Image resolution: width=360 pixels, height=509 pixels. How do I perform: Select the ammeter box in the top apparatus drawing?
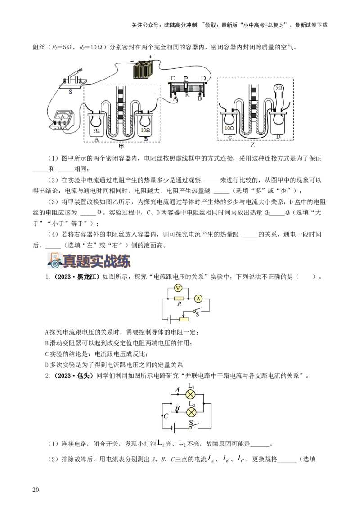pos(62,121)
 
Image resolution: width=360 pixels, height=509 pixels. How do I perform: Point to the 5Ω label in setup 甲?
pos(96,131)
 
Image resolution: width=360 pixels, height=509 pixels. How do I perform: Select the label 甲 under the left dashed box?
pos(121,146)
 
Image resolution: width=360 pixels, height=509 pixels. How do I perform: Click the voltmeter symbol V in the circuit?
pos(178,288)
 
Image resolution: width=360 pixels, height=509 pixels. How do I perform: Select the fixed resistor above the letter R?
pos(179,298)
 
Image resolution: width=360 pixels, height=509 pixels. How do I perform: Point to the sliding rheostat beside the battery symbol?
pos(184,319)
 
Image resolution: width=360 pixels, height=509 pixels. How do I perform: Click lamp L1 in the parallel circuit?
pos(191,394)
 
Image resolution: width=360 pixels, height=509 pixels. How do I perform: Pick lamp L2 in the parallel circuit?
pos(191,412)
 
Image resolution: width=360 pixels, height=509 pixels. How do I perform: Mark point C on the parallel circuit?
pos(162,416)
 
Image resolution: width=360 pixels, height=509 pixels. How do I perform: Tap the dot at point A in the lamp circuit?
pos(178,394)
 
